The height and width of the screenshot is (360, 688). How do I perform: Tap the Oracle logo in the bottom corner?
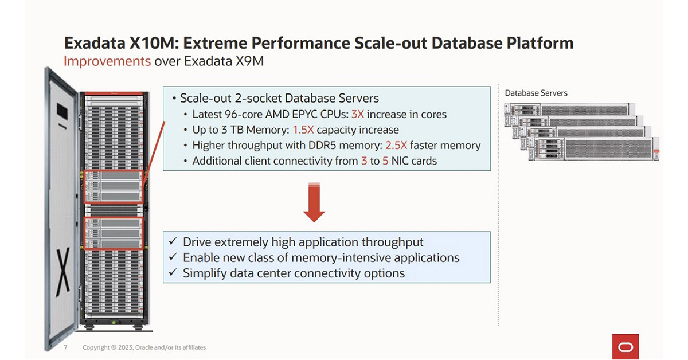tap(626, 347)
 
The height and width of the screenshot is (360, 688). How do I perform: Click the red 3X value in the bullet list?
tap(357, 114)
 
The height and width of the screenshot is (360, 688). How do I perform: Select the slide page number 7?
tap(65, 347)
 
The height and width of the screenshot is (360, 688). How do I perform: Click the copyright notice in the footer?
tap(144, 347)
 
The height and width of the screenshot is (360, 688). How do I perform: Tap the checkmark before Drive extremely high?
tap(173, 242)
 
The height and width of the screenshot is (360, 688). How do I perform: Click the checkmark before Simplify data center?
tap(173, 273)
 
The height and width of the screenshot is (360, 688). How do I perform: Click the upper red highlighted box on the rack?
tap(113, 186)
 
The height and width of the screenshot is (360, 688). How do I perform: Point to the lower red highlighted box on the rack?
tap(113, 233)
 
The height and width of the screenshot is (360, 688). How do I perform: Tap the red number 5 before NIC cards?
tap(385, 161)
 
